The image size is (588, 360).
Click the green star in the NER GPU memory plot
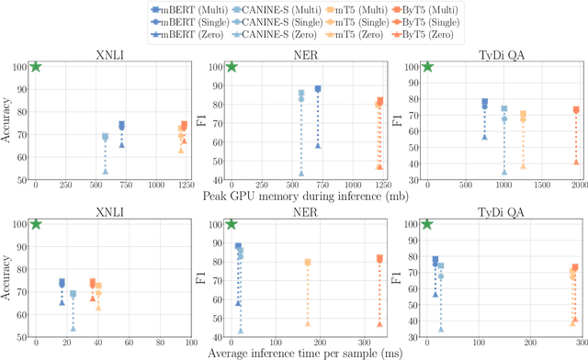tap(232, 66)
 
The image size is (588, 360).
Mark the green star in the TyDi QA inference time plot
tap(427, 223)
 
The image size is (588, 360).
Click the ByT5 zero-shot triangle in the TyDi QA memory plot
tap(575, 162)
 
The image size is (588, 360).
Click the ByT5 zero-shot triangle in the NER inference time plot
tap(379, 323)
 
